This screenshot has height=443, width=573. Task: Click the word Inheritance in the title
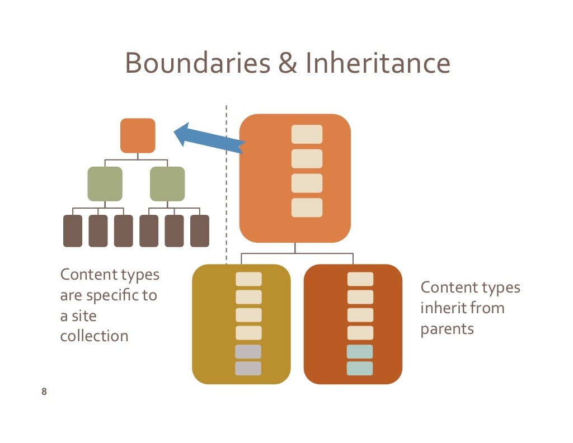tap(378, 63)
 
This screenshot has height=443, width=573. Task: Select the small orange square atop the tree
tap(138, 135)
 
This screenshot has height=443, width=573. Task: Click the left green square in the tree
tap(105, 184)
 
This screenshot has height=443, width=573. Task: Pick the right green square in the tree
tap(167, 184)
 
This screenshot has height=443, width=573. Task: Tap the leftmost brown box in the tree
tap(73, 231)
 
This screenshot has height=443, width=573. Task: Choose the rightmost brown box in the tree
tap(200, 231)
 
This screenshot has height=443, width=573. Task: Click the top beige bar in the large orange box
tap(307, 134)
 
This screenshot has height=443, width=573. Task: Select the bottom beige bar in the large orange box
tap(307, 208)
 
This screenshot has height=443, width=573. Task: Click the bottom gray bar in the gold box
tap(248, 368)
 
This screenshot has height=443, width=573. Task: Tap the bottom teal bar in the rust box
tap(360, 368)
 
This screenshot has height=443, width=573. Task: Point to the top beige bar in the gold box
tap(248, 279)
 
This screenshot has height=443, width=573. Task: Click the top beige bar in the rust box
tap(360, 279)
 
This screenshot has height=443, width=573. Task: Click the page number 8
tap(44, 392)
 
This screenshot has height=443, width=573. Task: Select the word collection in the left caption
tap(94, 336)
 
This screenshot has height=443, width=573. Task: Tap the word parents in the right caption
tap(447, 328)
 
